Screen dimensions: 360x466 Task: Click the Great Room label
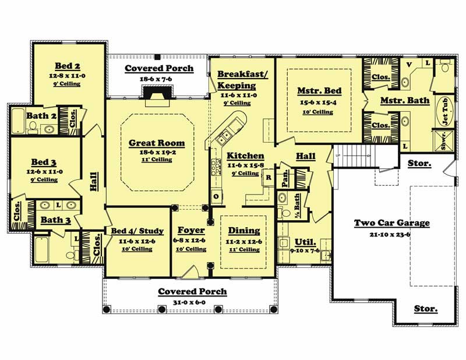click(156, 143)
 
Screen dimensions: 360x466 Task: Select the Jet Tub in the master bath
click(446, 110)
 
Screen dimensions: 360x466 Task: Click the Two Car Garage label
click(392, 223)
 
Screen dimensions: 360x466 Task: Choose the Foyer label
click(190, 231)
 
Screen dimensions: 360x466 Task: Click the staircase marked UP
click(356, 156)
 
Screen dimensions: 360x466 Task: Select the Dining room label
click(243, 231)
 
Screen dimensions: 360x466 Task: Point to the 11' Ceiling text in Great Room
click(156, 160)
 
